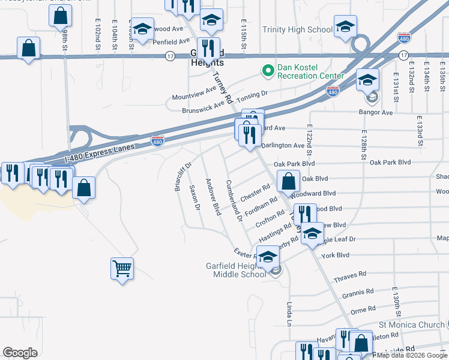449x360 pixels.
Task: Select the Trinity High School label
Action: point(297,29)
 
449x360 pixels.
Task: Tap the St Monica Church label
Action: point(412,325)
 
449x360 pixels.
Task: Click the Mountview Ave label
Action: point(193,93)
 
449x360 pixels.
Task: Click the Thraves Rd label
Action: point(350,277)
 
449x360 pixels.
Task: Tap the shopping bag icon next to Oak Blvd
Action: point(288,180)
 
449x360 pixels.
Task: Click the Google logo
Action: point(20,352)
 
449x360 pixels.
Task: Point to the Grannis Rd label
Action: point(358,293)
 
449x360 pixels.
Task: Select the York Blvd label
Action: point(335,255)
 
